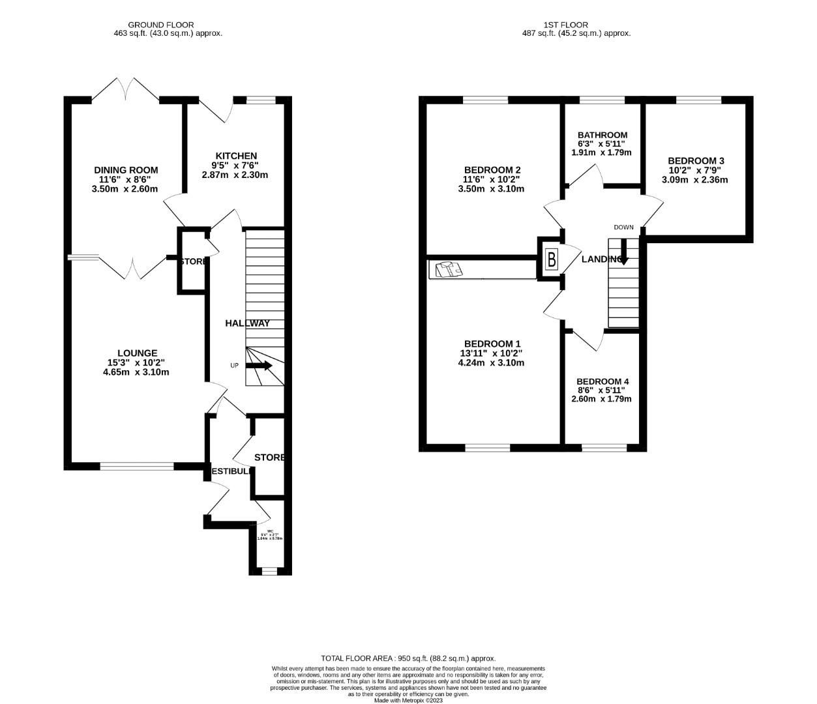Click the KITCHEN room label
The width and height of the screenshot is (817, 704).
pyautogui.click(x=236, y=156)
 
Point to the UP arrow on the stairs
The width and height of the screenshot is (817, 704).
pyautogui.click(x=259, y=366)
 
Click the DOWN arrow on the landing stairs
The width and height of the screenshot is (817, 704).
pyautogui.click(x=623, y=251)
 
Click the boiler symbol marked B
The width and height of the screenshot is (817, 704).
pyautogui.click(x=552, y=259)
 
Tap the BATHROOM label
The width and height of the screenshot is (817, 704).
pyautogui.click(x=602, y=135)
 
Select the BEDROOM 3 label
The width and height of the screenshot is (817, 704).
pyautogui.click(x=696, y=161)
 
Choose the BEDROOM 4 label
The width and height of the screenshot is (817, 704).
pyautogui.click(x=602, y=381)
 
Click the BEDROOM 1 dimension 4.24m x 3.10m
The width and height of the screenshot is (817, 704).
pyautogui.click(x=491, y=363)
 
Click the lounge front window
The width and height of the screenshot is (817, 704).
pyautogui.click(x=137, y=466)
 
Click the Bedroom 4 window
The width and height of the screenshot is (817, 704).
pyautogui.click(x=604, y=448)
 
